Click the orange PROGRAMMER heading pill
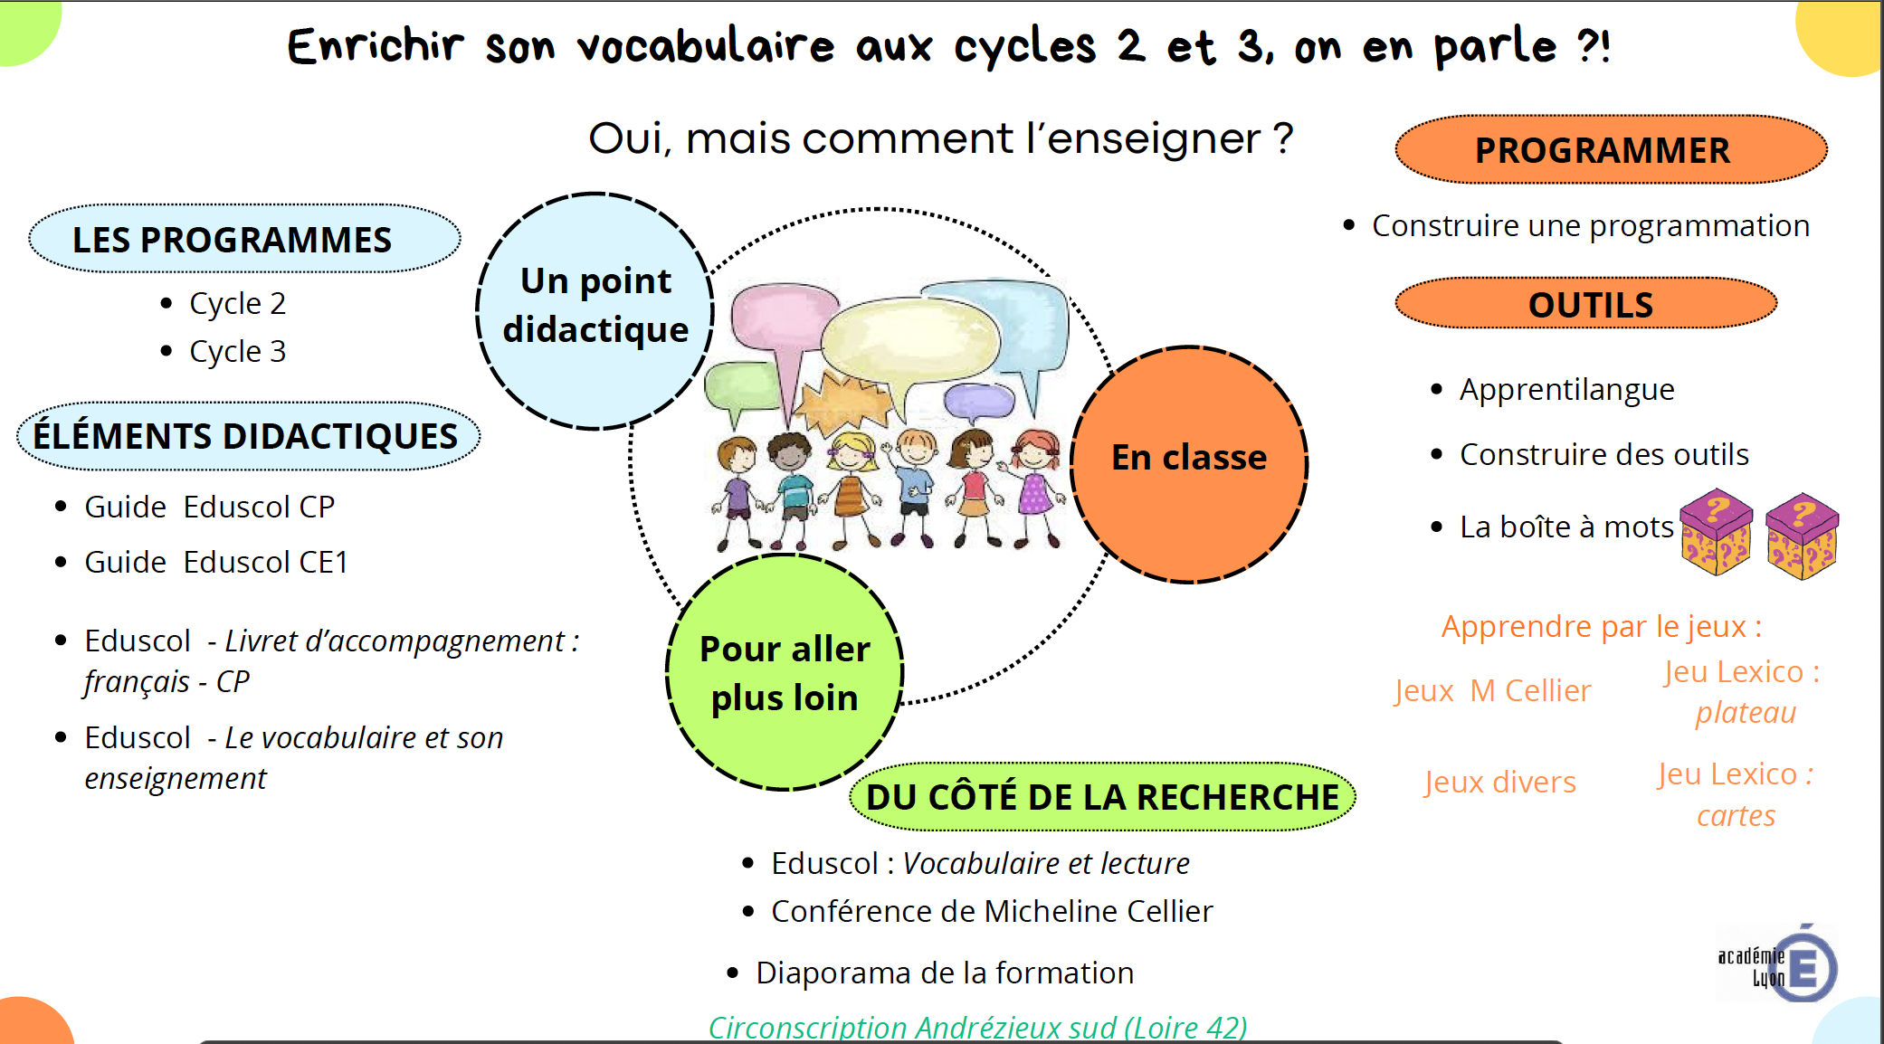[x=1611, y=149]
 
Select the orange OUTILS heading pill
[x=1586, y=304]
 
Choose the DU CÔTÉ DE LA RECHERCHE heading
[x=1102, y=797]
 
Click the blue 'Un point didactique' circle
[x=595, y=310]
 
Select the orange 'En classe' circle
[x=1189, y=464]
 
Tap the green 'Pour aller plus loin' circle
[x=785, y=672]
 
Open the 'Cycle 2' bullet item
[x=237, y=303]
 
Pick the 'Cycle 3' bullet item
[x=237, y=351]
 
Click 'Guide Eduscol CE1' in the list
[x=216, y=562]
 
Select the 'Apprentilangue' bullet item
[x=1566, y=389]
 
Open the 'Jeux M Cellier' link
[x=1492, y=690]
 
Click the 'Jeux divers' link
[x=1499, y=782]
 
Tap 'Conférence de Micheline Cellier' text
[x=992, y=911]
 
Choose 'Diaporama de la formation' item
[x=945, y=973]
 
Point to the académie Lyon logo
[x=1777, y=964]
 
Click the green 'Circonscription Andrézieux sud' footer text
[x=977, y=1028]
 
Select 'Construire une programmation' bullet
[x=1591, y=225]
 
